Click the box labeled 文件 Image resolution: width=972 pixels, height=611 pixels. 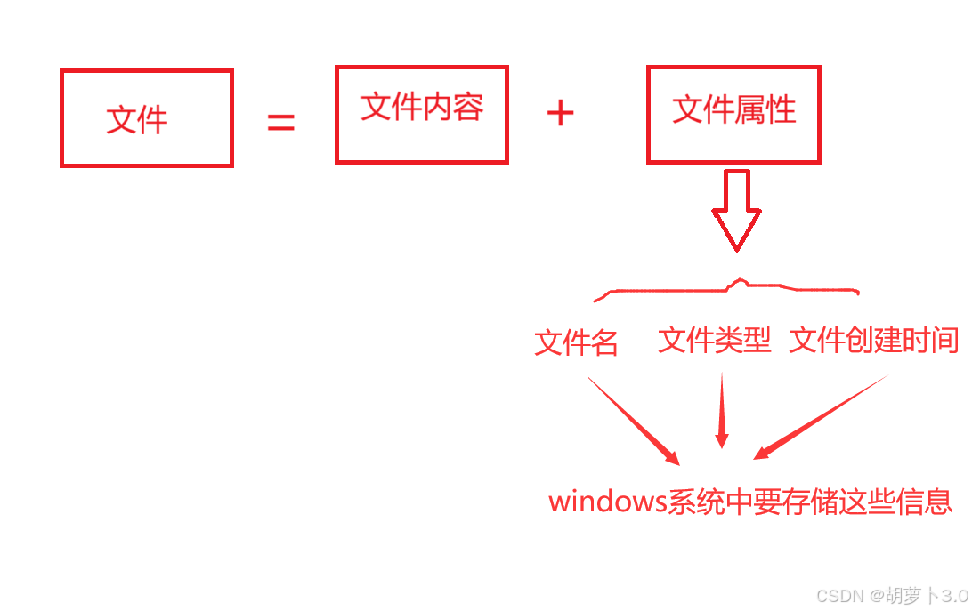pyautogui.click(x=146, y=118)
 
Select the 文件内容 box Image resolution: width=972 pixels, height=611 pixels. pyautogui.click(x=421, y=114)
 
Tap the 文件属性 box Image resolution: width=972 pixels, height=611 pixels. pyautogui.click(x=733, y=113)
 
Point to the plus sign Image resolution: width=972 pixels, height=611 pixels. pyautogui.click(x=560, y=113)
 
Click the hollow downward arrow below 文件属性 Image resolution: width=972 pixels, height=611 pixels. pyautogui.click(x=735, y=210)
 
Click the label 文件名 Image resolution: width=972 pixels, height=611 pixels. pyautogui.click(x=576, y=342)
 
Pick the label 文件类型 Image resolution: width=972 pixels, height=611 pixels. pyautogui.click(x=714, y=340)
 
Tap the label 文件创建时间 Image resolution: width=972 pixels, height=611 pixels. pyautogui.click(x=873, y=340)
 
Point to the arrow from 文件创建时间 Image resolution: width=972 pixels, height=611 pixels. pyautogui.click(x=821, y=417)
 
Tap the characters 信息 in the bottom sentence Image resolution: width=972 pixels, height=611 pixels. pyautogui.click(x=924, y=501)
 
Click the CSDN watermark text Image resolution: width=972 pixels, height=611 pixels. pyautogui.click(x=839, y=596)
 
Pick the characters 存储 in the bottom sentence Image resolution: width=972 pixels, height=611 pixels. pyautogui.click(x=806, y=501)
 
